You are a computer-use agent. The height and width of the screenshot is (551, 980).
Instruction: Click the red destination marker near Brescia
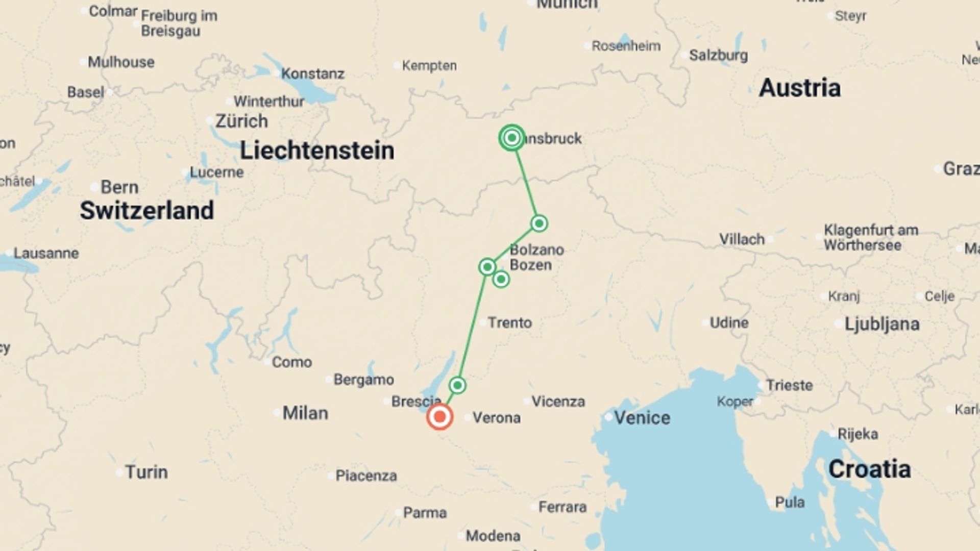(x=439, y=417)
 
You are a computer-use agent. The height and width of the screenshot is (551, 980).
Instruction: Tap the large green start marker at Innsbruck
(x=512, y=138)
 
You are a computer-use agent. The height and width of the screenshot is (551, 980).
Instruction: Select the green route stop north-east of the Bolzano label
(x=539, y=223)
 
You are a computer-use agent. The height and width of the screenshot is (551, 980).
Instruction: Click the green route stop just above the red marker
(x=457, y=385)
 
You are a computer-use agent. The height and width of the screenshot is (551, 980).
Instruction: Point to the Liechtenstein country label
(x=317, y=151)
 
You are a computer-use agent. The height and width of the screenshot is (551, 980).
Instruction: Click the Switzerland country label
(x=147, y=211)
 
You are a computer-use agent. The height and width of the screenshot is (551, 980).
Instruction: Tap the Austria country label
(x=799, y=88)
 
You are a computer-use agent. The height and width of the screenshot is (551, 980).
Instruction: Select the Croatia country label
(x=869, y=469)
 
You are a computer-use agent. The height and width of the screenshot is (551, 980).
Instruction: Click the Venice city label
(x=642, y=418)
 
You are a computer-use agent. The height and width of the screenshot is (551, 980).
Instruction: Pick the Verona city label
(x=496, y=418)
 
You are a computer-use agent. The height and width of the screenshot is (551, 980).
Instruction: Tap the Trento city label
(x=509, y=322)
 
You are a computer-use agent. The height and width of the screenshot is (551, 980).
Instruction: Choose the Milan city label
(x=305, y=413)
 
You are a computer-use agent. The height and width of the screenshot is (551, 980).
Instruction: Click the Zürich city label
(x=241, y=121)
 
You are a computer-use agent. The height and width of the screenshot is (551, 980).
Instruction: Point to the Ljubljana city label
(x=881, y=324)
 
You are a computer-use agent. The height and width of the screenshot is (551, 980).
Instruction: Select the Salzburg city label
(x=718, y=55)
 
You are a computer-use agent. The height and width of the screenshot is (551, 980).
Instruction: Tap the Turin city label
(x=146, y=472)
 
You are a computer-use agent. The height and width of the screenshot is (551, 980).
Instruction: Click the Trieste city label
(x=789, y=385)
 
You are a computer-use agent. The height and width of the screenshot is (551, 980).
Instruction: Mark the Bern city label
(x=119, y=187)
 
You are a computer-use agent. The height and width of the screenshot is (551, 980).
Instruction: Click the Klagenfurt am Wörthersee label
(x=870, y=238)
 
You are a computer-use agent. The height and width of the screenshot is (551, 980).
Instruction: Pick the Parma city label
(x=425, y=513)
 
